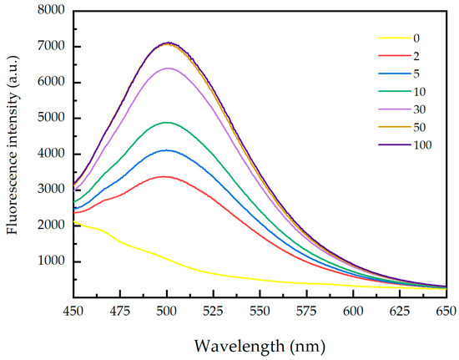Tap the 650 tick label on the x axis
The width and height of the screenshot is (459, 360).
coord(445,311)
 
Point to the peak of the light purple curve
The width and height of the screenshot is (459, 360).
coord(168,68)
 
